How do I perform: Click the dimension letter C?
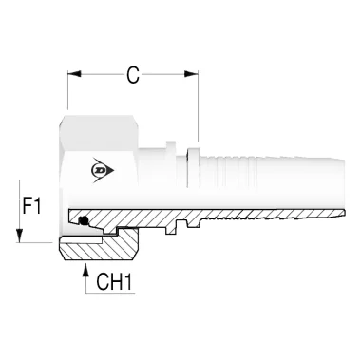[133, 76]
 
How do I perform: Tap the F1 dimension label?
[31, 206]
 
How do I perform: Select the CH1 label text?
[114, 282]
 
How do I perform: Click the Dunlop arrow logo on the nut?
[103, 170]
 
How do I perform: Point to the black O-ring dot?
[84, 220]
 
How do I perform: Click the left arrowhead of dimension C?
[74, 74]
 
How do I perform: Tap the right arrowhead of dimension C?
[192, 74]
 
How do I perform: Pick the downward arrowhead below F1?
[19, 236]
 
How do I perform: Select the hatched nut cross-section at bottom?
[98, 249]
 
